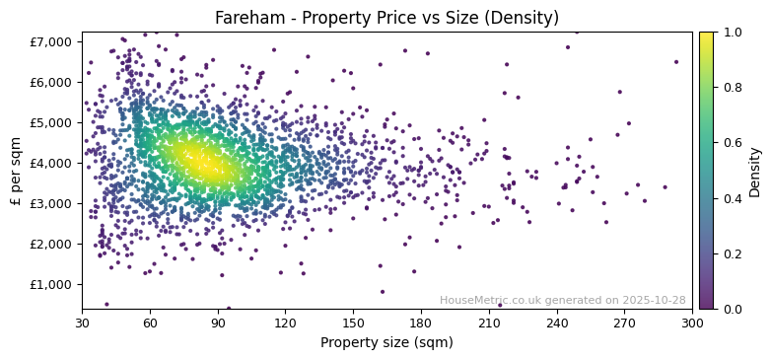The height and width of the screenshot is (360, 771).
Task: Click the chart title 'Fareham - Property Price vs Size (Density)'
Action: pyautogui.click(x=386, y=18)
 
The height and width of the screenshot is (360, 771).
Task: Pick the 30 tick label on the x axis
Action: pyautogui.click(x=82, y=324)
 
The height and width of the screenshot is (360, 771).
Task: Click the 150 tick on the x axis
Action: pyautogui.click(x=353, y=324)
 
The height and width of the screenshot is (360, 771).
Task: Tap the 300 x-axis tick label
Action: pyautogui.click(x=692, y=324)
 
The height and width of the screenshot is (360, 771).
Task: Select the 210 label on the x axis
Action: pyautogui.click(x=489, y=324)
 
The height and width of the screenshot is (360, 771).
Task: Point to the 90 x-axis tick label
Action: pyautogui.click(x=218, y=324)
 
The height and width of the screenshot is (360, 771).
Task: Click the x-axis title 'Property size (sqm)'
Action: pyautogui.click(x=386, y=343)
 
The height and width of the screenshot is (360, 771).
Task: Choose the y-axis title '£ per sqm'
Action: pyautogui.click(x=16, y=171)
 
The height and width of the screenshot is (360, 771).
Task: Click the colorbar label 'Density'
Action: pyautogui.click(x=755, y=171)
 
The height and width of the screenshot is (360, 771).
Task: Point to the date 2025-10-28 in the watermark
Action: pyautogui.click(x=652, y=301)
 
